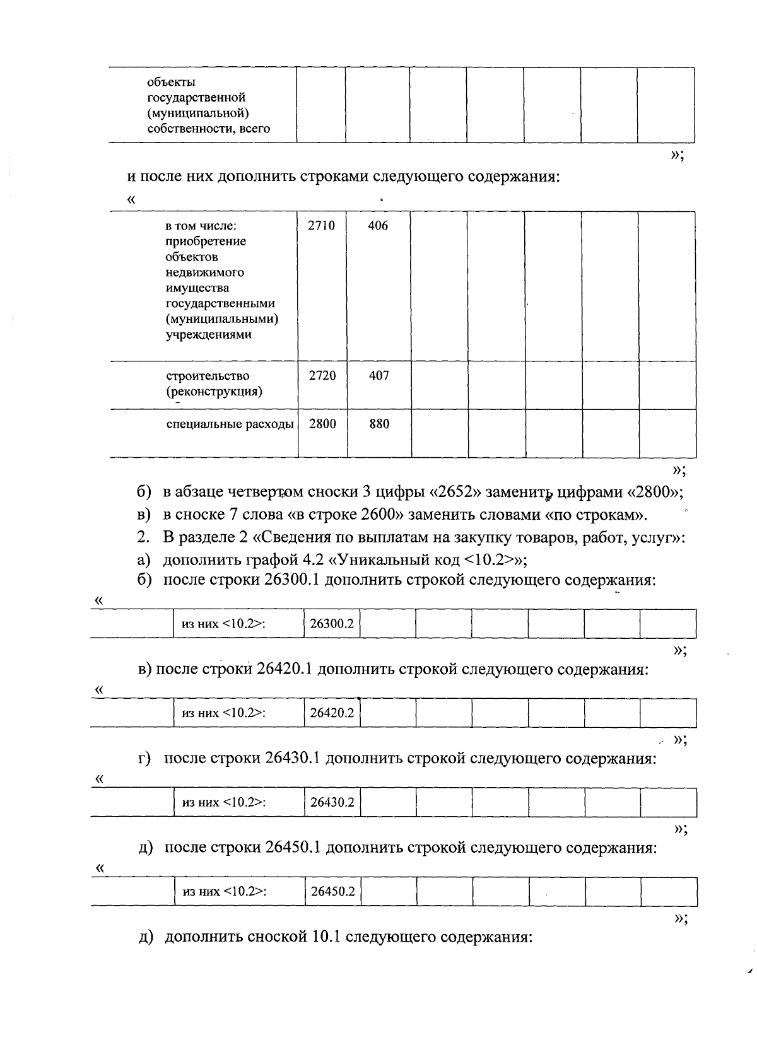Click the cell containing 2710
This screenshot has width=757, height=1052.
click(x=322, y=226)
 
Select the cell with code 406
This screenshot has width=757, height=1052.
click(x=378, y=226)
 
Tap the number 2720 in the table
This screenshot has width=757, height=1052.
click(x=322, y=376)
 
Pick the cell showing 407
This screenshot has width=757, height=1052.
click(x=379, y=376)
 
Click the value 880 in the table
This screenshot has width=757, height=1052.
click(x=379, y=424)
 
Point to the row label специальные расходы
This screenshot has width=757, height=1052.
click(x=230, y=424)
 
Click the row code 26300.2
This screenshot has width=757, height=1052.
click(x=332, y=624)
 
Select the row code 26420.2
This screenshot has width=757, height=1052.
click(x=332, y=713)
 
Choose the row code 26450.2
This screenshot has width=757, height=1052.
click(x=333, y=891)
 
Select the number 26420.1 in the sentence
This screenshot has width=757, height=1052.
click(x=285, y=669)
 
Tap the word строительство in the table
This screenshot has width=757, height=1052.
click(x=208, y=376)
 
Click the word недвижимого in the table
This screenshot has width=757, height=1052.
click(x=204, y=272)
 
